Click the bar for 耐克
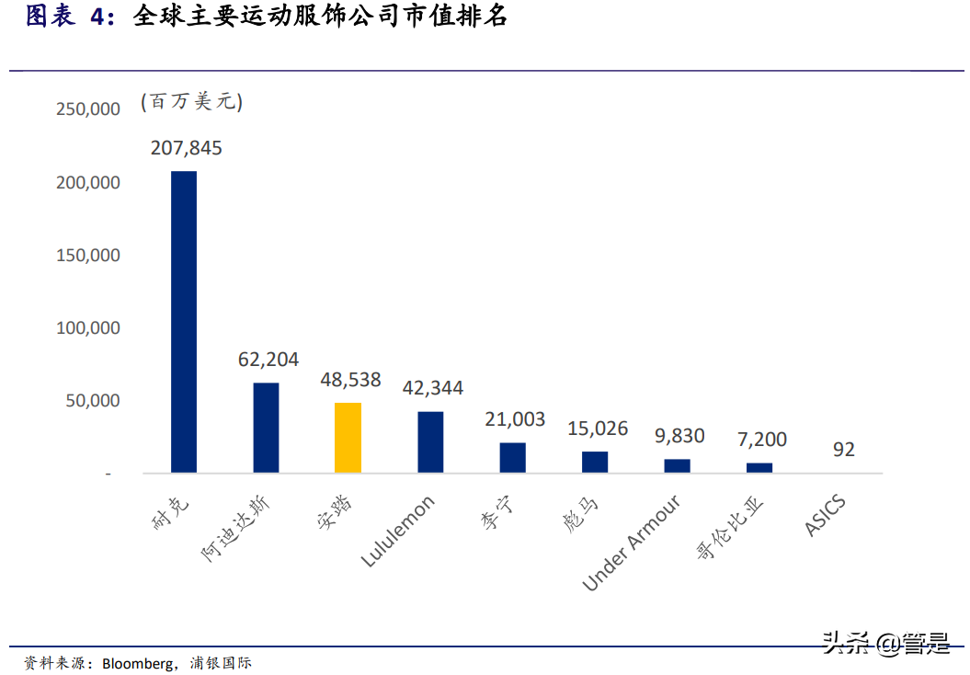pos(184,322)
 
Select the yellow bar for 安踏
pos(348,438)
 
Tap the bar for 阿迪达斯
pos(266,428)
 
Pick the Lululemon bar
pos(430,441)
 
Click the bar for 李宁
pos(513,457)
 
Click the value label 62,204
pos(268,360)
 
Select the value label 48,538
pos(349,380)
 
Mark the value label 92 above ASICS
pos(843,450)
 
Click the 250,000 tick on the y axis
pos(88,109)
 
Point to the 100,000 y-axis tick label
pos(88,328)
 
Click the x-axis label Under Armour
pos(633,543)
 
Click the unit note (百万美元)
pos(191,102)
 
